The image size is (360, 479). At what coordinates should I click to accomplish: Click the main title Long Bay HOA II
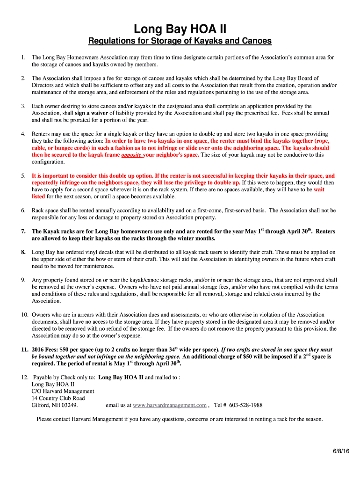coord(180,29)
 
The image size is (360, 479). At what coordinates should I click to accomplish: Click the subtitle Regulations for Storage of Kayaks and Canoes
coord(180,41)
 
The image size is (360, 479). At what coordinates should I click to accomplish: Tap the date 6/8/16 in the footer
coord(341,451)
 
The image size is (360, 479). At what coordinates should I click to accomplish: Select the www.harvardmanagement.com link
coord(170,405)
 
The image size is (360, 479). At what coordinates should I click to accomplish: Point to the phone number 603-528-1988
coord(245,405)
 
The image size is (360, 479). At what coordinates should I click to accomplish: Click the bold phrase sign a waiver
coord(92,113)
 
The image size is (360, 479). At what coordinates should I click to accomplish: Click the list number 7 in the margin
coord(23,232)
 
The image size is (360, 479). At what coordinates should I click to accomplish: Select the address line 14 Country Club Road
coord(58,398)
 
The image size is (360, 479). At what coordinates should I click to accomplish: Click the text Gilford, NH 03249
coord(55,405)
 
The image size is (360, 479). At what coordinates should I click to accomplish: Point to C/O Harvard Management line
coord(63,391)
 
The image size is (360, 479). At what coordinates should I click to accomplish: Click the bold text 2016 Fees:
coord(48,349)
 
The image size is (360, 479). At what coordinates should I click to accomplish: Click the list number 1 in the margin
coord(23,58)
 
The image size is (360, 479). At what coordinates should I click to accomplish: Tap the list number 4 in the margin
coord(23,134)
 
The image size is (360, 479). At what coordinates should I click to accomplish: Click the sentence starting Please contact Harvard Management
coord(180,419)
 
